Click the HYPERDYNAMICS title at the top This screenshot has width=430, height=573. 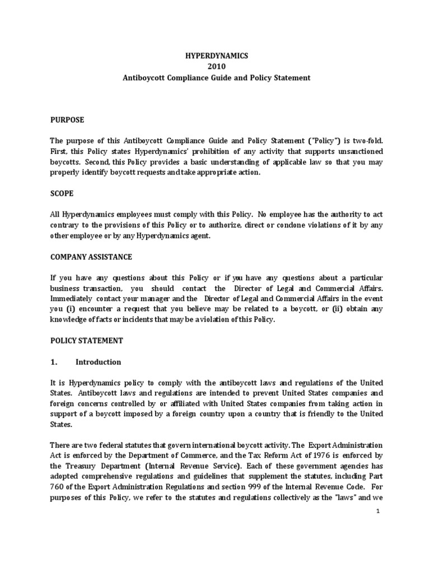[x=216, y=57]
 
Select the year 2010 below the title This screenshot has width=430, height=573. [x=216, y=67]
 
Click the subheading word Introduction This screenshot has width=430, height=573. [x=99, y=362]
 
